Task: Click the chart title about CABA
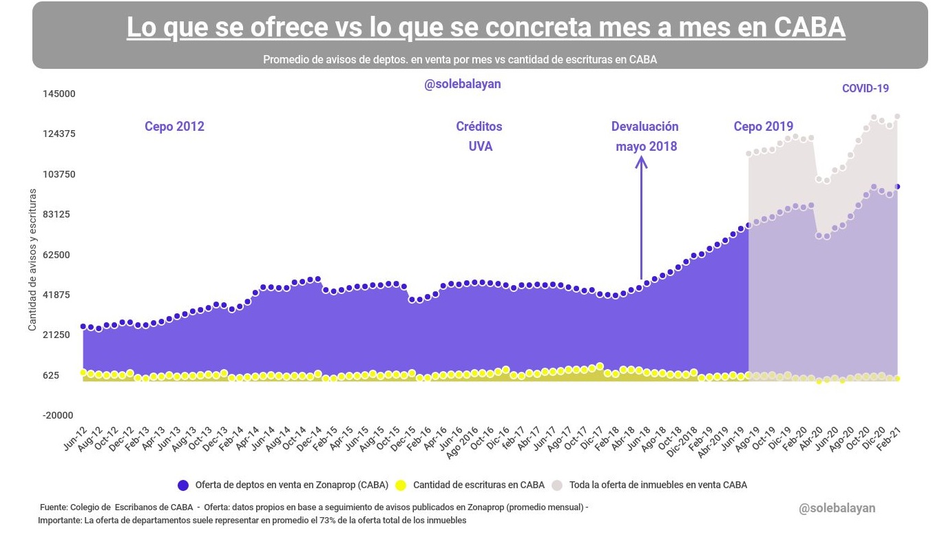485,28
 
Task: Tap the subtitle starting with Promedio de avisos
459,60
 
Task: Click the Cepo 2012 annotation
174,127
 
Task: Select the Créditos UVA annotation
479,136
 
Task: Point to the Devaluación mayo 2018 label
645,136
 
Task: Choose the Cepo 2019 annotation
763,127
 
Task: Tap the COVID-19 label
866,88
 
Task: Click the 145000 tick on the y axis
59,94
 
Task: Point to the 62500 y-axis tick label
62,255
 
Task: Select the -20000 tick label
59,416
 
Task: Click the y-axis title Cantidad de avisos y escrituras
32,260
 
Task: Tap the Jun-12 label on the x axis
75,438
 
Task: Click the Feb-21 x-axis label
889,439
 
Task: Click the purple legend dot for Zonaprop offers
183,485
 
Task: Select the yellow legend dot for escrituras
401,485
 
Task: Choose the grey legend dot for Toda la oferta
557,485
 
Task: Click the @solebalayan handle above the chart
462,84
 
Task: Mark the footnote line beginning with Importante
252,521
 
